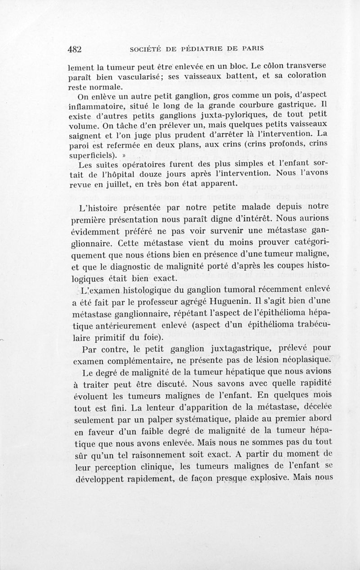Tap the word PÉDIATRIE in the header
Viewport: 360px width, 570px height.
click(204, 48)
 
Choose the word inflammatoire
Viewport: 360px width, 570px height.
click(98, 106)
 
